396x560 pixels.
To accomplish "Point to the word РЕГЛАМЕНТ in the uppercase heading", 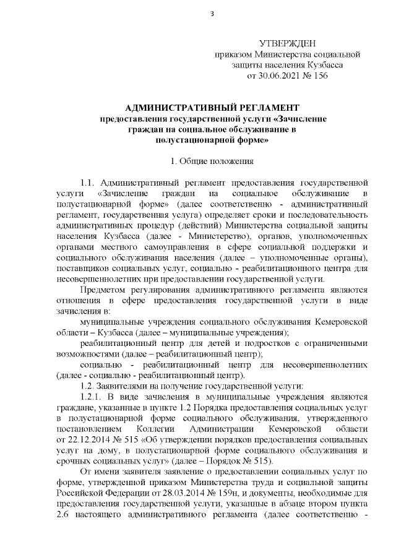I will [267, 107].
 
